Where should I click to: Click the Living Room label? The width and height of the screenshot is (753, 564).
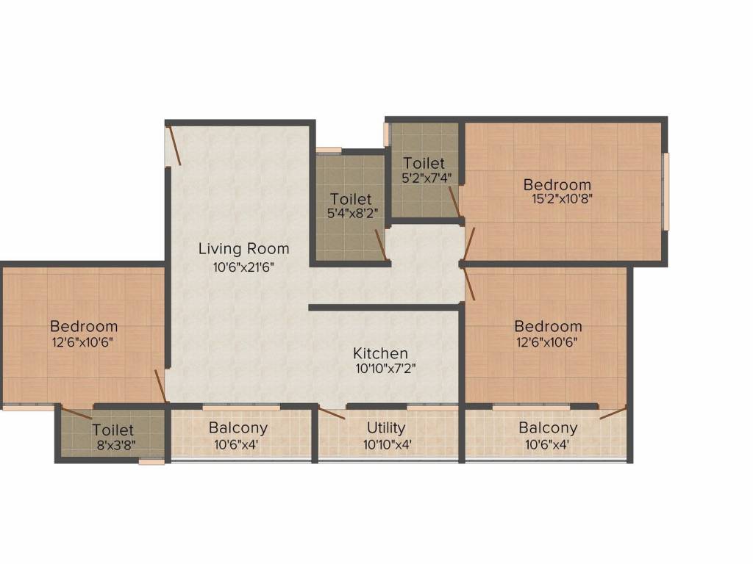click(243, 249)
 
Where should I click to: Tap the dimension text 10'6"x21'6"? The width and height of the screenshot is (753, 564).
click(243, 267)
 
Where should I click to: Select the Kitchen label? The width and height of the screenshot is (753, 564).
click(380, 353)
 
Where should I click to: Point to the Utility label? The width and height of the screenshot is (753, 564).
click(386, 427)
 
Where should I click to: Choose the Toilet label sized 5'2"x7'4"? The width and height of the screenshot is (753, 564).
click(424, 163)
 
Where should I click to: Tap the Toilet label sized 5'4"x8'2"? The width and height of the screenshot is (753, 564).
click(351, 199)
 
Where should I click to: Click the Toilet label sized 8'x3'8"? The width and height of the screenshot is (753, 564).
click(113, 430)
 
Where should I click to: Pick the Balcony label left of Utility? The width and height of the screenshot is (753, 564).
click(238, 427)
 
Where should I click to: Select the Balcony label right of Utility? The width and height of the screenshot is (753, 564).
click(548, 427)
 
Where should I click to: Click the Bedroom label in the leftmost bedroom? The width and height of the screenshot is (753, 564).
click(83, 326)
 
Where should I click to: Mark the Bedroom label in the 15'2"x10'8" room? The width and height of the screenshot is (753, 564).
click(557, 184)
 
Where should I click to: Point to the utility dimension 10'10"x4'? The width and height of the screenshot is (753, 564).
click(386, 444)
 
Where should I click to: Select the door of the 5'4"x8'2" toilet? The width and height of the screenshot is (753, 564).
click(381, 245)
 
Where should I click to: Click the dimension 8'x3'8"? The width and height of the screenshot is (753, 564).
click(115, 444)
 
